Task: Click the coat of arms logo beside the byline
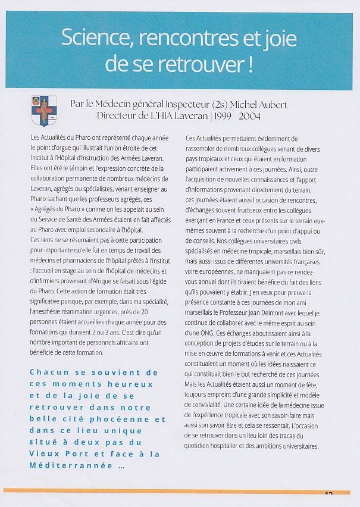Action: (44, 111)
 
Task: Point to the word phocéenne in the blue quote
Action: (136, 419)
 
